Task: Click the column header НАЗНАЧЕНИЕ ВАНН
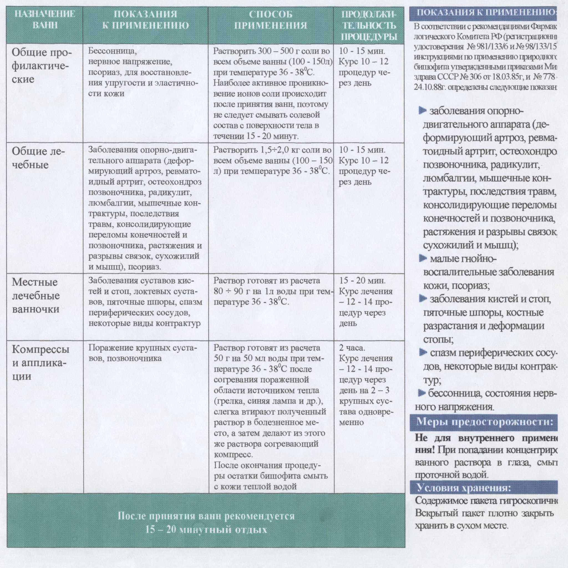click(45, 19)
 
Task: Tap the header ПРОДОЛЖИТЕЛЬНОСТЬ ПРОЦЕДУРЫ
click(369, 26)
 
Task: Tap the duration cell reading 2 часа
click(352, 348)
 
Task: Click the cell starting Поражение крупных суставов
click(143, 353)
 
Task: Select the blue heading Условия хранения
click(464, 488)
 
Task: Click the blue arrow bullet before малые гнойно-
click(423, 259)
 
